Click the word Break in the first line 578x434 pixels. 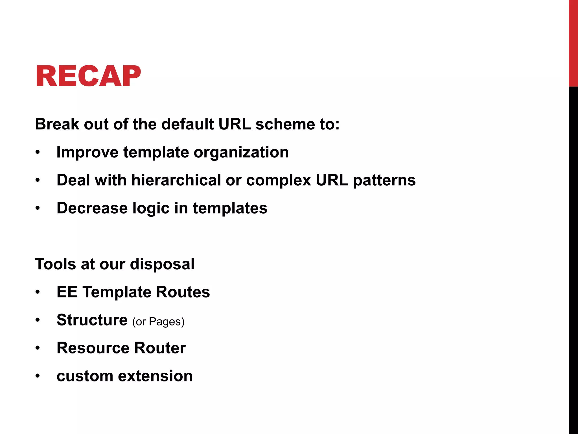57,124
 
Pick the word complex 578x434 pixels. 278,180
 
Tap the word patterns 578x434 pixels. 384,180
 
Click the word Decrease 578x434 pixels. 92,208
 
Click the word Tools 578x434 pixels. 55,264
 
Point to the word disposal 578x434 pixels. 162,264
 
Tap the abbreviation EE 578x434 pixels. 67,292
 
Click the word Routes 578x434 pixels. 183,292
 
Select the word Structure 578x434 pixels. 92,320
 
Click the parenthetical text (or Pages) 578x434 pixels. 158,322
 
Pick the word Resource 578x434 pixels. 93,348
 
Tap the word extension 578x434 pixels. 155,376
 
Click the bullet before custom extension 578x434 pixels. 38,376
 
